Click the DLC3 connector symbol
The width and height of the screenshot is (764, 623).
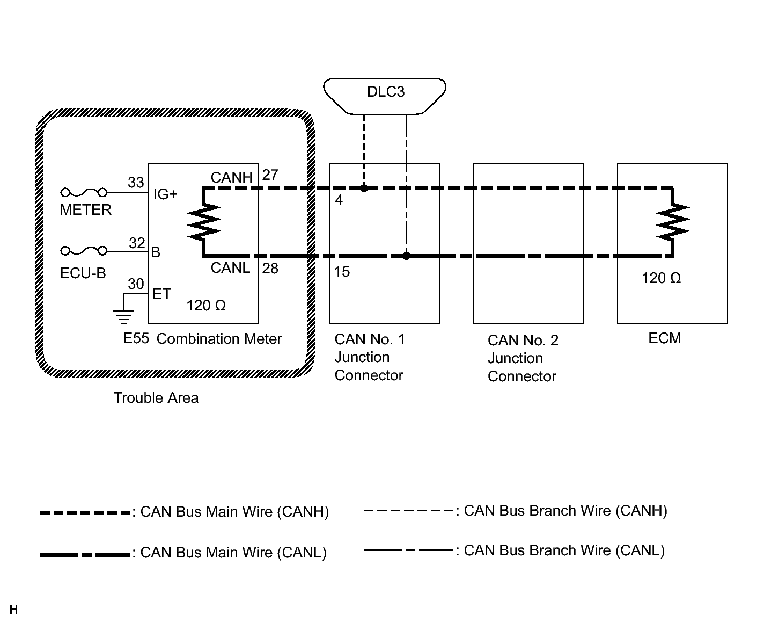click(385, 96)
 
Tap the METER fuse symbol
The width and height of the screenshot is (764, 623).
click(84, 192)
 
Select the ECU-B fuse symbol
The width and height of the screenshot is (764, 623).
click(84, 250)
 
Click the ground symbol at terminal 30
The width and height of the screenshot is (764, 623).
click(124, 316)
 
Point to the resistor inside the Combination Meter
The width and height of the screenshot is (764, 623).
click(204, 222)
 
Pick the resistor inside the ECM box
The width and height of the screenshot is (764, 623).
click(673, 222)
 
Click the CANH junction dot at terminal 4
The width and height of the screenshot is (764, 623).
click(364, 189)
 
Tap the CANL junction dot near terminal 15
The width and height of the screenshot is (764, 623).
click(406, 256)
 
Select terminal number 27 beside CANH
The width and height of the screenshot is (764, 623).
click(270, 175)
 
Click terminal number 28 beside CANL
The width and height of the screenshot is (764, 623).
click(270, 268)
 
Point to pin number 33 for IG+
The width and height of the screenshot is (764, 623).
click(136, 183)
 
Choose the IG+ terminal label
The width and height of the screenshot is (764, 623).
click(165, 194)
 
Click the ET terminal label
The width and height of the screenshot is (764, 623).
click(161, 294)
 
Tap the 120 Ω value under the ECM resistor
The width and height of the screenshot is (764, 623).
click(661, 278)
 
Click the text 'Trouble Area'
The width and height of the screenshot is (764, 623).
click(156, 398)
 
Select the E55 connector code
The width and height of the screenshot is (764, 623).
click(136, 339)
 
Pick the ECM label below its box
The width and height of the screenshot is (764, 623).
click(664, 338)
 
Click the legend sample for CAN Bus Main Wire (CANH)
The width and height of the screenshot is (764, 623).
click(85, 512)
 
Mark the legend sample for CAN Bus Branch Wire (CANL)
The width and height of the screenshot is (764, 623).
click(408, 550)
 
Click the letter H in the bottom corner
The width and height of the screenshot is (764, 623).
click(13, 610)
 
